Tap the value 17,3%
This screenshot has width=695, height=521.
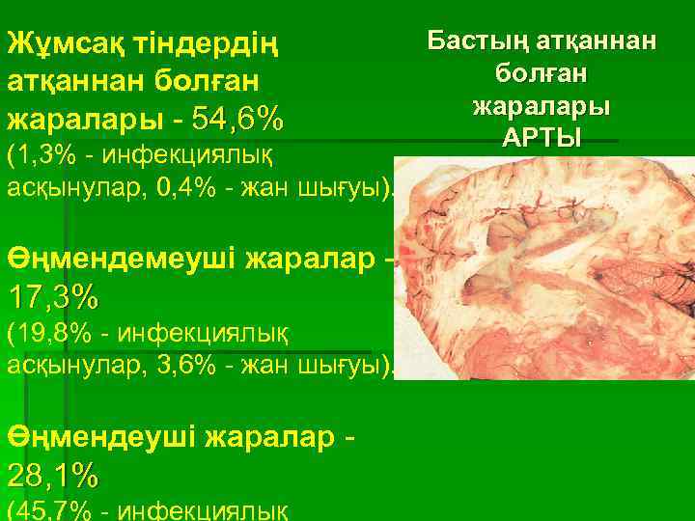(52, 294)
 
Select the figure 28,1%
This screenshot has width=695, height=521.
(52, 474)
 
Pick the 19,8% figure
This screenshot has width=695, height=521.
(46, 333)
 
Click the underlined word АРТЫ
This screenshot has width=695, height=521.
(542, 137)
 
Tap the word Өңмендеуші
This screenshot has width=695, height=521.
(100, 439)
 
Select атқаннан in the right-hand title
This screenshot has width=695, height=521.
(598, 41)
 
